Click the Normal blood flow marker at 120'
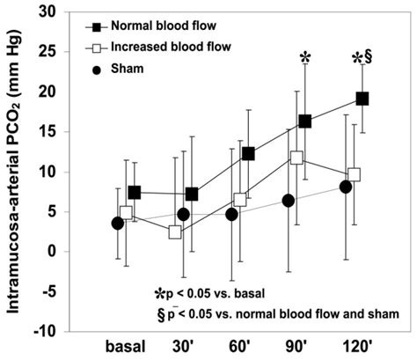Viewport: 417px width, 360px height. click(362, 99)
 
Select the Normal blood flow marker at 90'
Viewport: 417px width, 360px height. click(305, 121)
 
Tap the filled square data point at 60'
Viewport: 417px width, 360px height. click(248, 154)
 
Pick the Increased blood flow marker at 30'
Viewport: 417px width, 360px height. click(175, 232)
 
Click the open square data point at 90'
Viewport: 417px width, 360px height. click(296, 158)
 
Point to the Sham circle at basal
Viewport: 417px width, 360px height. click(118, 224)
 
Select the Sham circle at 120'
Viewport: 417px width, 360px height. click(346, 187)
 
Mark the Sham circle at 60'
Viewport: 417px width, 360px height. click(231, 215)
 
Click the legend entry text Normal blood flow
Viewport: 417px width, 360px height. click(164, 26)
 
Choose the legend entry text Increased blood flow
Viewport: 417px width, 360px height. click(171, 47)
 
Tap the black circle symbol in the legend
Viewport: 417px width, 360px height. click(97, 70)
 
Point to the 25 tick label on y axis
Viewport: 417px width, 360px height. click(52, 52)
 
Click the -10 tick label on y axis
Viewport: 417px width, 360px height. click(48, 332)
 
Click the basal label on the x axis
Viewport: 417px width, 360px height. click(125, 347)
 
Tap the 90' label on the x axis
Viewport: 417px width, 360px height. click(296, 347)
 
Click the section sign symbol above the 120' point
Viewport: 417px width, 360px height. click(368, 58)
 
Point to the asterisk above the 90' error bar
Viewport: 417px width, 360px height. click(305, 57)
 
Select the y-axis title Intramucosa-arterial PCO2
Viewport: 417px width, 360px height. click(13, 175)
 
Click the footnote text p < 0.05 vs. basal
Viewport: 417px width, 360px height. click(216, 293)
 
